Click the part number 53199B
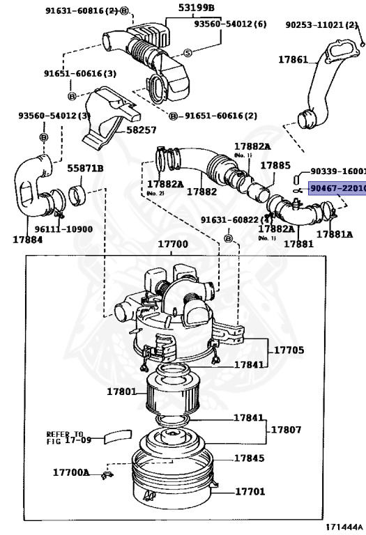click(x=197, y=8)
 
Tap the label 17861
click(x=293, y=60)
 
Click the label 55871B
click(x=85, y=168)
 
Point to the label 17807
click(x=286, y=430)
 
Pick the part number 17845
click(x=249, y=458)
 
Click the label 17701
click(x=250, y=492)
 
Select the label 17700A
click(x=71, y=472)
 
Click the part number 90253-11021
click(x=321, y=24)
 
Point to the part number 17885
click(x=275, y=166)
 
